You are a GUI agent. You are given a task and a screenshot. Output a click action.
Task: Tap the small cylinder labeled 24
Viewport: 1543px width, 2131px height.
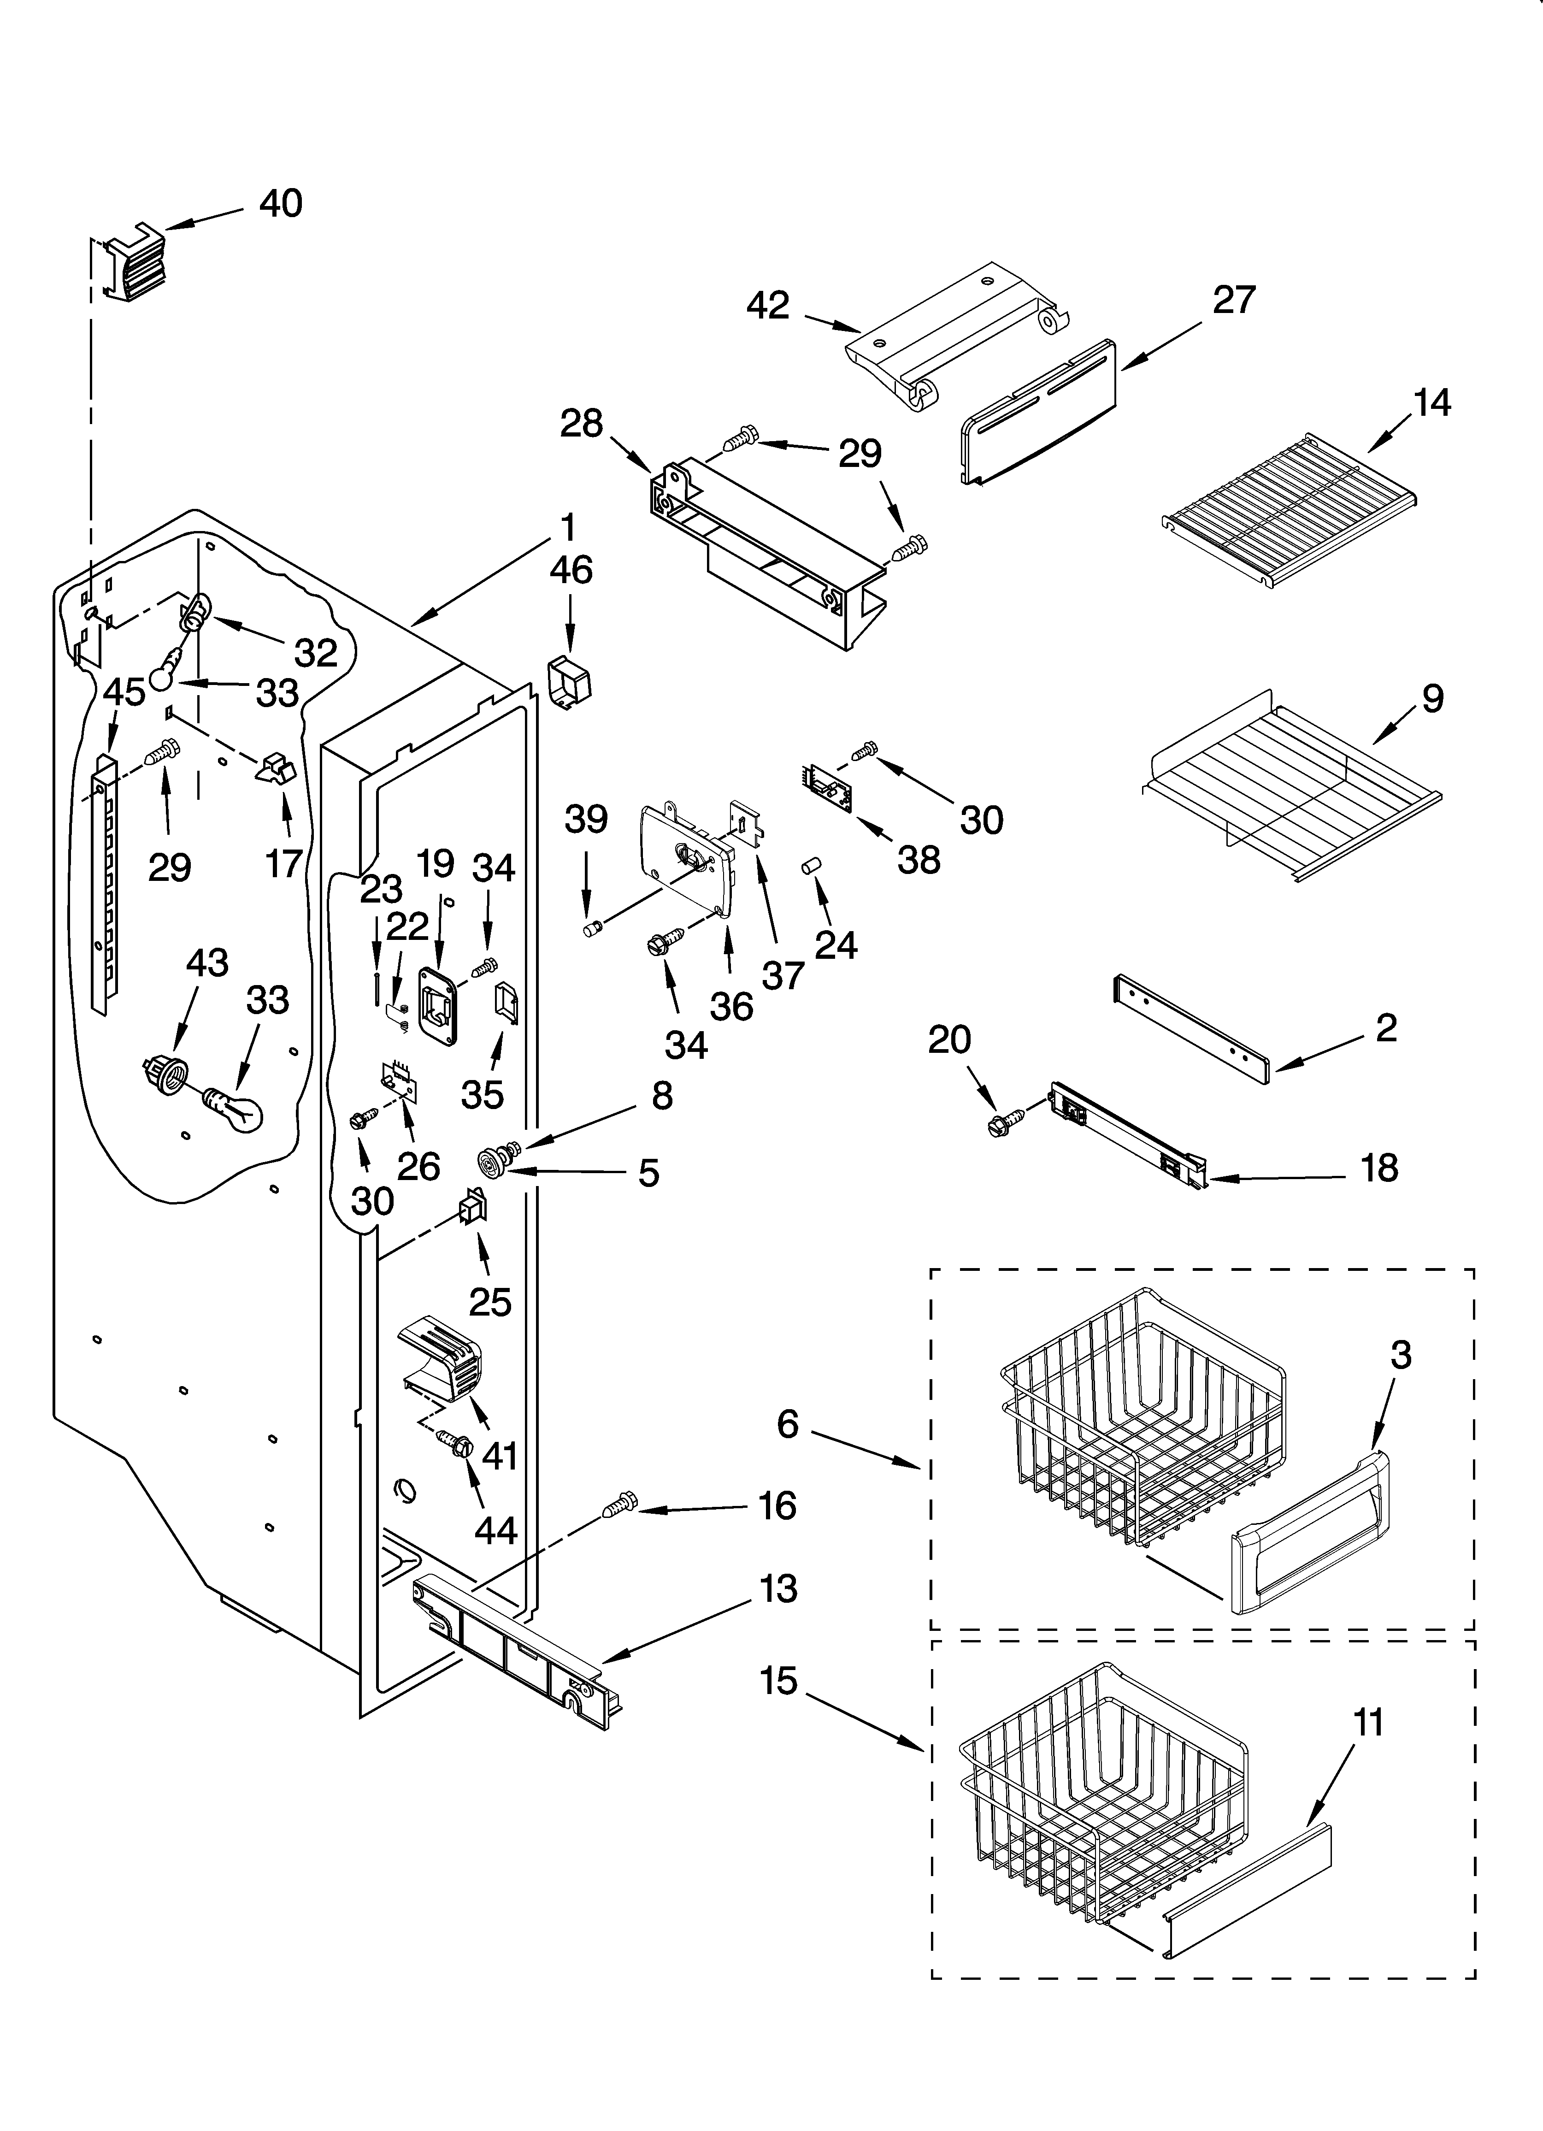tap(810, 865)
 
